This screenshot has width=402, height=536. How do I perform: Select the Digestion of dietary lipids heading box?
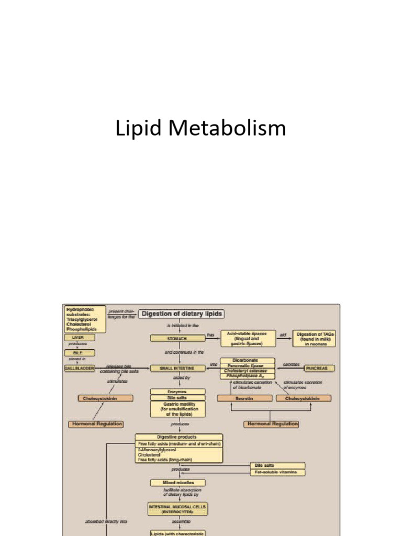tap(181, 314)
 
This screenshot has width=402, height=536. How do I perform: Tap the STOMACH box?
tap(177, 338)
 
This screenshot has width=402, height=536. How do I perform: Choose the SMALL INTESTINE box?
tap(177, 368)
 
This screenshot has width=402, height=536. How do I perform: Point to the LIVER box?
tap(77, 338)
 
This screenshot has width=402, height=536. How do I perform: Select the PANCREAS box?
tap(319, 368)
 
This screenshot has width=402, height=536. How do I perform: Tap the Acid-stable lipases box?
tap(248, 338)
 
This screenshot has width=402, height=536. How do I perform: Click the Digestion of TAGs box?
tap(315, 338)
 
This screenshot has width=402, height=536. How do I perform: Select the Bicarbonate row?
tap(247, 360)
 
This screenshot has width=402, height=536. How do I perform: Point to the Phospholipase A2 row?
tap(247, 376)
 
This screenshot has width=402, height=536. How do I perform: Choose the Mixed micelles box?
tap(177, 482)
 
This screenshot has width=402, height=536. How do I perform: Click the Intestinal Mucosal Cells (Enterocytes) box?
tap(177, 509)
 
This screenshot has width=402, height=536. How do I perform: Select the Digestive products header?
tap(178, 437)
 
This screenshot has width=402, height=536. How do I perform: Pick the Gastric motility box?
tap(177, 409)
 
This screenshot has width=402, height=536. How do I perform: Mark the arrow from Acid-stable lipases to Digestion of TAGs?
tap(284, 339)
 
